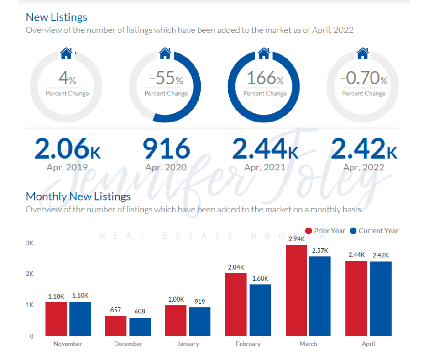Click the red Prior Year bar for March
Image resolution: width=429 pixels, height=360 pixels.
pyautogui.click(x=296, y=291)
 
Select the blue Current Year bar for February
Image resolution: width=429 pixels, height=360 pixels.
pyautogui.click(x=260, y=310)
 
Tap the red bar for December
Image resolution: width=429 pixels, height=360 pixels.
pyautogui.click(x=116, y=326)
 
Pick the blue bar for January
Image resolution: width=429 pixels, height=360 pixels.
pyautogui.click(x=200, y=322)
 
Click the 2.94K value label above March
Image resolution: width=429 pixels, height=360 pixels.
pyautogui.click(x=296, y=238)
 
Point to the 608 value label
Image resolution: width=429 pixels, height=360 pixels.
pyautogui.click(x=140, y=312)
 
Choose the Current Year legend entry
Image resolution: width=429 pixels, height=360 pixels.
pyautogui.click(x=374, y=231)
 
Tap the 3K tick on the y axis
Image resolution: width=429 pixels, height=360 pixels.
pyautogui.click(x=30, y=243)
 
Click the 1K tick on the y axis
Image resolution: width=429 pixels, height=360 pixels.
pyautogui.click(x=30, y=305)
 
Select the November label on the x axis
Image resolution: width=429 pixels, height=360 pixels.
pyautogui.click(x=68, y=344)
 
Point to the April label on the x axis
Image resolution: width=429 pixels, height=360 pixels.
pyautogui.click(x=368, y=344)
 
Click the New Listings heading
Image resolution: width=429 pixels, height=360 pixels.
pyautogui.click(x=57, y=17)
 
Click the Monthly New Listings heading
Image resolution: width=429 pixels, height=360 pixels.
pyautogui.click(x=78, y=196)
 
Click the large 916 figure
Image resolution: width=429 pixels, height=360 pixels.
pyautogui.click(x=166, y=148)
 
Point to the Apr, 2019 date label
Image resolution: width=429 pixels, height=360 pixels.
pyautogui.click(x=67, y=167)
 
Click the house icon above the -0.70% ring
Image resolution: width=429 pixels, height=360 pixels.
pyautogui.click(x=363, y=53)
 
